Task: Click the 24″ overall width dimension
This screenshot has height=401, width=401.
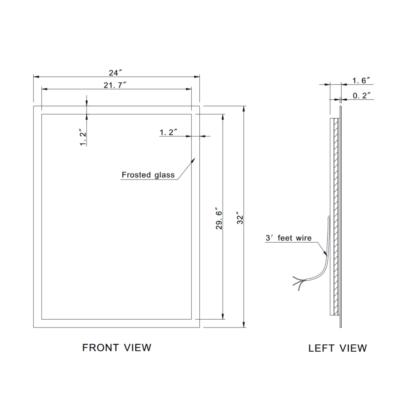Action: tap(115, 73)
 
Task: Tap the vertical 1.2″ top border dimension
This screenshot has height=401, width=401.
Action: tap(83, 138)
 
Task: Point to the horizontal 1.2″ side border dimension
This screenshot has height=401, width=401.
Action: tap(168, 132)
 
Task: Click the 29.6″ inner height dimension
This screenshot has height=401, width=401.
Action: tap(219, 219)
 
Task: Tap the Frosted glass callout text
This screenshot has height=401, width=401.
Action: tap(148, 175)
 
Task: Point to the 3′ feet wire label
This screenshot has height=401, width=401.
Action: tap(288, 238)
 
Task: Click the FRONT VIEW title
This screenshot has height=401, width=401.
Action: tap(117, 347)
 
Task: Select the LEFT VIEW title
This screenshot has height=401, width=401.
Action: tap(337, 348)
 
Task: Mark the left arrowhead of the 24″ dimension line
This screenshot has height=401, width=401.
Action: tap(34, 76)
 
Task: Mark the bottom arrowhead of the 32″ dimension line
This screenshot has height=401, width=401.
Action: tap(244, 326)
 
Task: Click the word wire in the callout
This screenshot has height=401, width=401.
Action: tap(304, 238)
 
